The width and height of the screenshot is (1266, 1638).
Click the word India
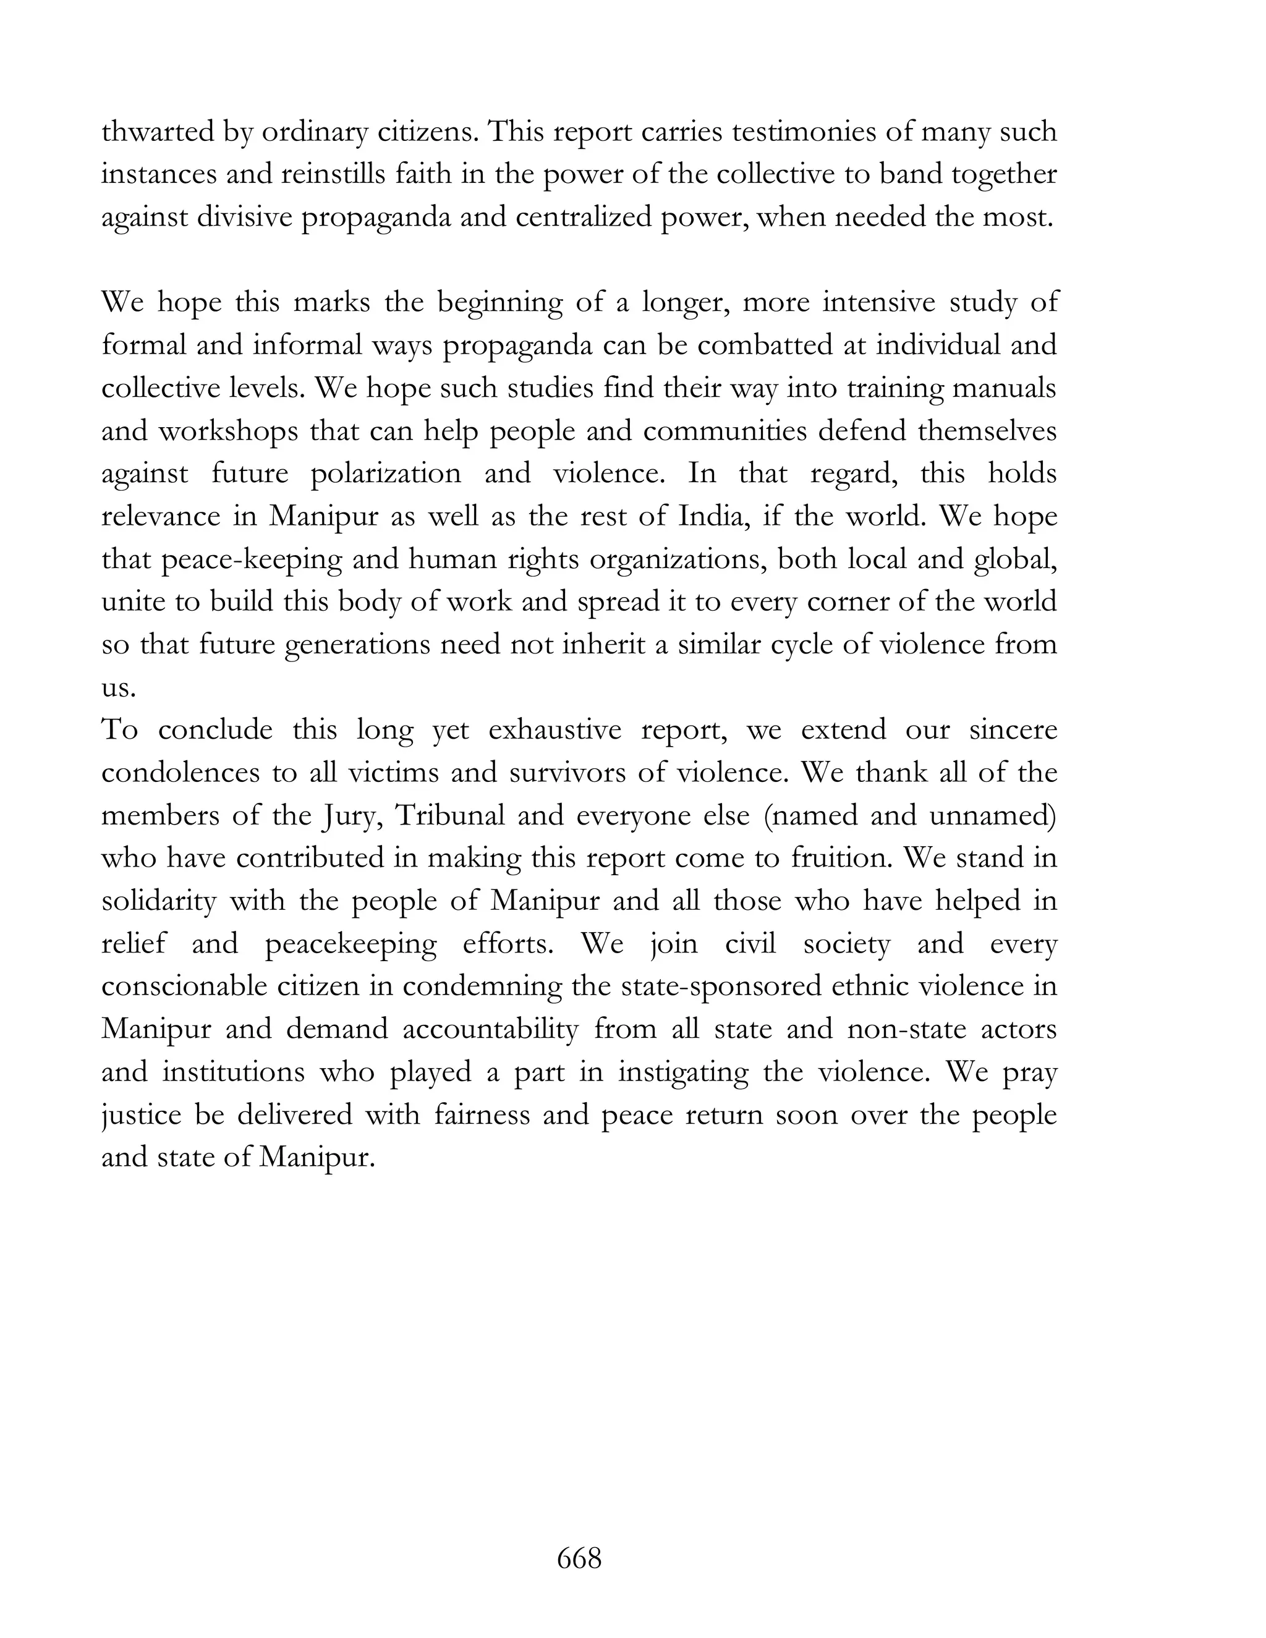[714, 517]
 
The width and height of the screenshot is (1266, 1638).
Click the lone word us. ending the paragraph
[119, 688]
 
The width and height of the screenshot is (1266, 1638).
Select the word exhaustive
[555, 731]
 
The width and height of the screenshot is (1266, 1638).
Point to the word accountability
[490, 1029]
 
